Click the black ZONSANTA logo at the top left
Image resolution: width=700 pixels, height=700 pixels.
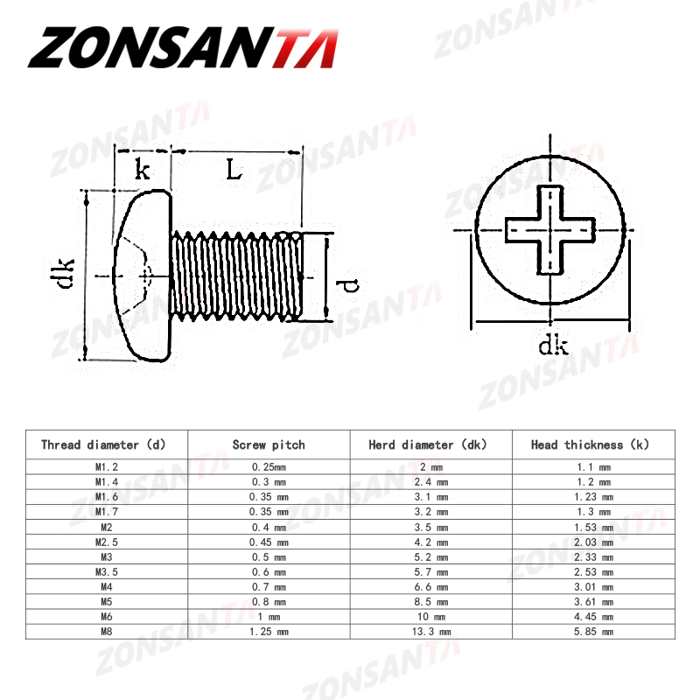point(182,48)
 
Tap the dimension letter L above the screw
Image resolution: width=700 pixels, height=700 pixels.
point(234,168)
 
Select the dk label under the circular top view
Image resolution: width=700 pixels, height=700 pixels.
point(553,346)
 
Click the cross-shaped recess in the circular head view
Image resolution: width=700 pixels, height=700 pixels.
point(550,230)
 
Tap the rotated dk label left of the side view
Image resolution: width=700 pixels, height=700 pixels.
point(64,274)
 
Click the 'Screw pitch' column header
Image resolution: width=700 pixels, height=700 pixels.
point(269,444)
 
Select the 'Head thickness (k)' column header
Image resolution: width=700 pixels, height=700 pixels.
point(592,444)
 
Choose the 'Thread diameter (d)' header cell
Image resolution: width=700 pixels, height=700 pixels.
point(103,444)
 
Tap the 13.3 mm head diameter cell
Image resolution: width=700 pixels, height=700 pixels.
point(430,631)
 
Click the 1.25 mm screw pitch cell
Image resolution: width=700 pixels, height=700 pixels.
point(269,631)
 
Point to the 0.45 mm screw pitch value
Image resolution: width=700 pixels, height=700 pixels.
point(269,542)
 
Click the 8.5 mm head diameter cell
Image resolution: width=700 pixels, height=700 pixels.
point(430,601)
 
